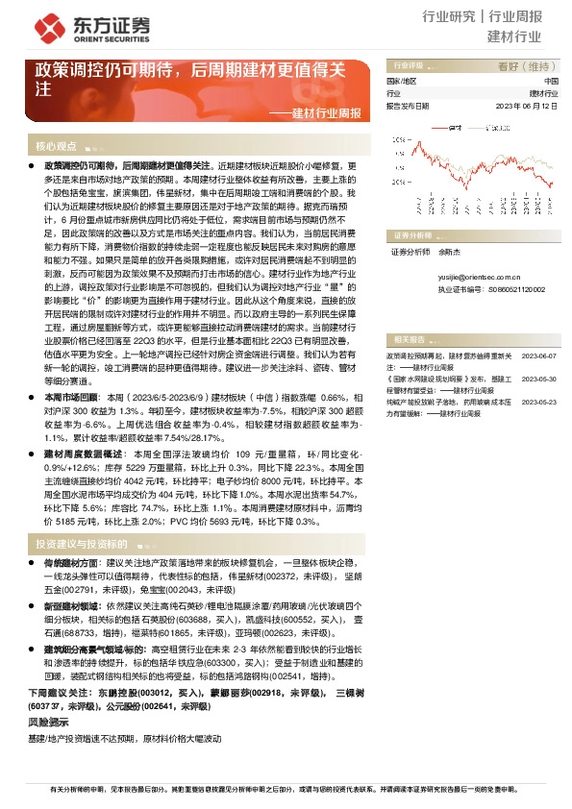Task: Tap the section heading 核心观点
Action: [x=56, y=147]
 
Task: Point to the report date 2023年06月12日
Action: [x=525, y=107]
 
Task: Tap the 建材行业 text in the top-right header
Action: [x=514, y=37]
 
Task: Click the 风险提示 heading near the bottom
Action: [x=47, y=721]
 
